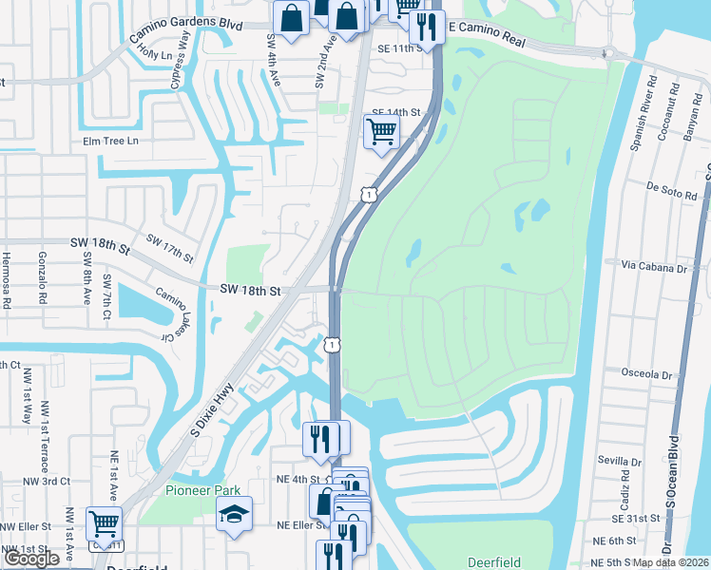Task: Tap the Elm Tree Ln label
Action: click(110, 142)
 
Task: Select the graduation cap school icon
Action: click(234, 515)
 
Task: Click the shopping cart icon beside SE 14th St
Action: click(381, 131)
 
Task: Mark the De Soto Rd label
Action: click(665, 188)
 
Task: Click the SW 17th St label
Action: click(169, 248)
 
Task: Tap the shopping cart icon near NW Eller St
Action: click(104, 524)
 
